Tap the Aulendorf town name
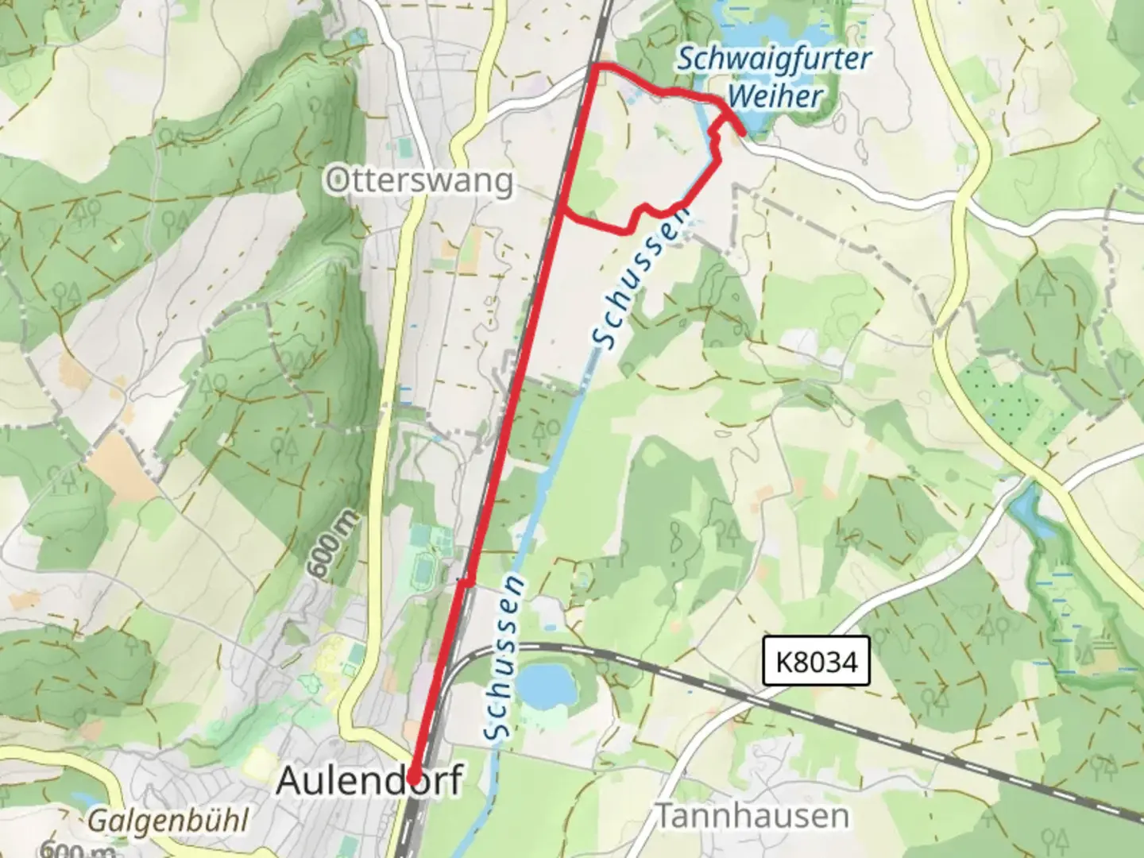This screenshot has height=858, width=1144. point(369,780)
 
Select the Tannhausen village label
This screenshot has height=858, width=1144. point(751,815)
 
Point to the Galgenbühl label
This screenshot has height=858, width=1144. point(168,820)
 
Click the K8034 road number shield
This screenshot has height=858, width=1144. point(817,660)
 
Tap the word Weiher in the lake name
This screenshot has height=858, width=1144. point(775,97)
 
